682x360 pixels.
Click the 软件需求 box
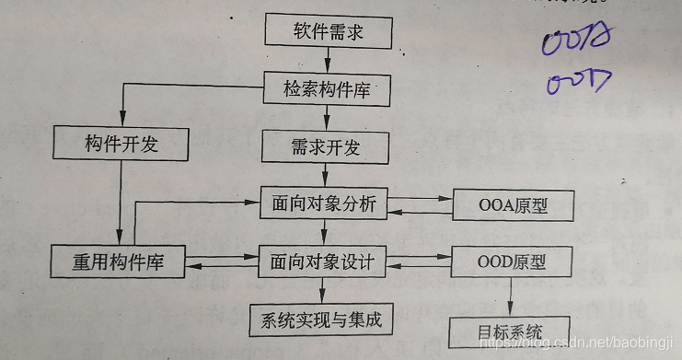(329, 32)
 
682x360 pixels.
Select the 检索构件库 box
(329, 89)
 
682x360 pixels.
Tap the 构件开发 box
(122, 144)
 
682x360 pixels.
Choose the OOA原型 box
(514, 204)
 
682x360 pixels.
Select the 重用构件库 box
(117, 262)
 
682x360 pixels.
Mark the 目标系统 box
(509, 331)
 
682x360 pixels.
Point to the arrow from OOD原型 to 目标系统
(512, 297)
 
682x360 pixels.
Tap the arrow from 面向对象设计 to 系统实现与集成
(318, 292)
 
